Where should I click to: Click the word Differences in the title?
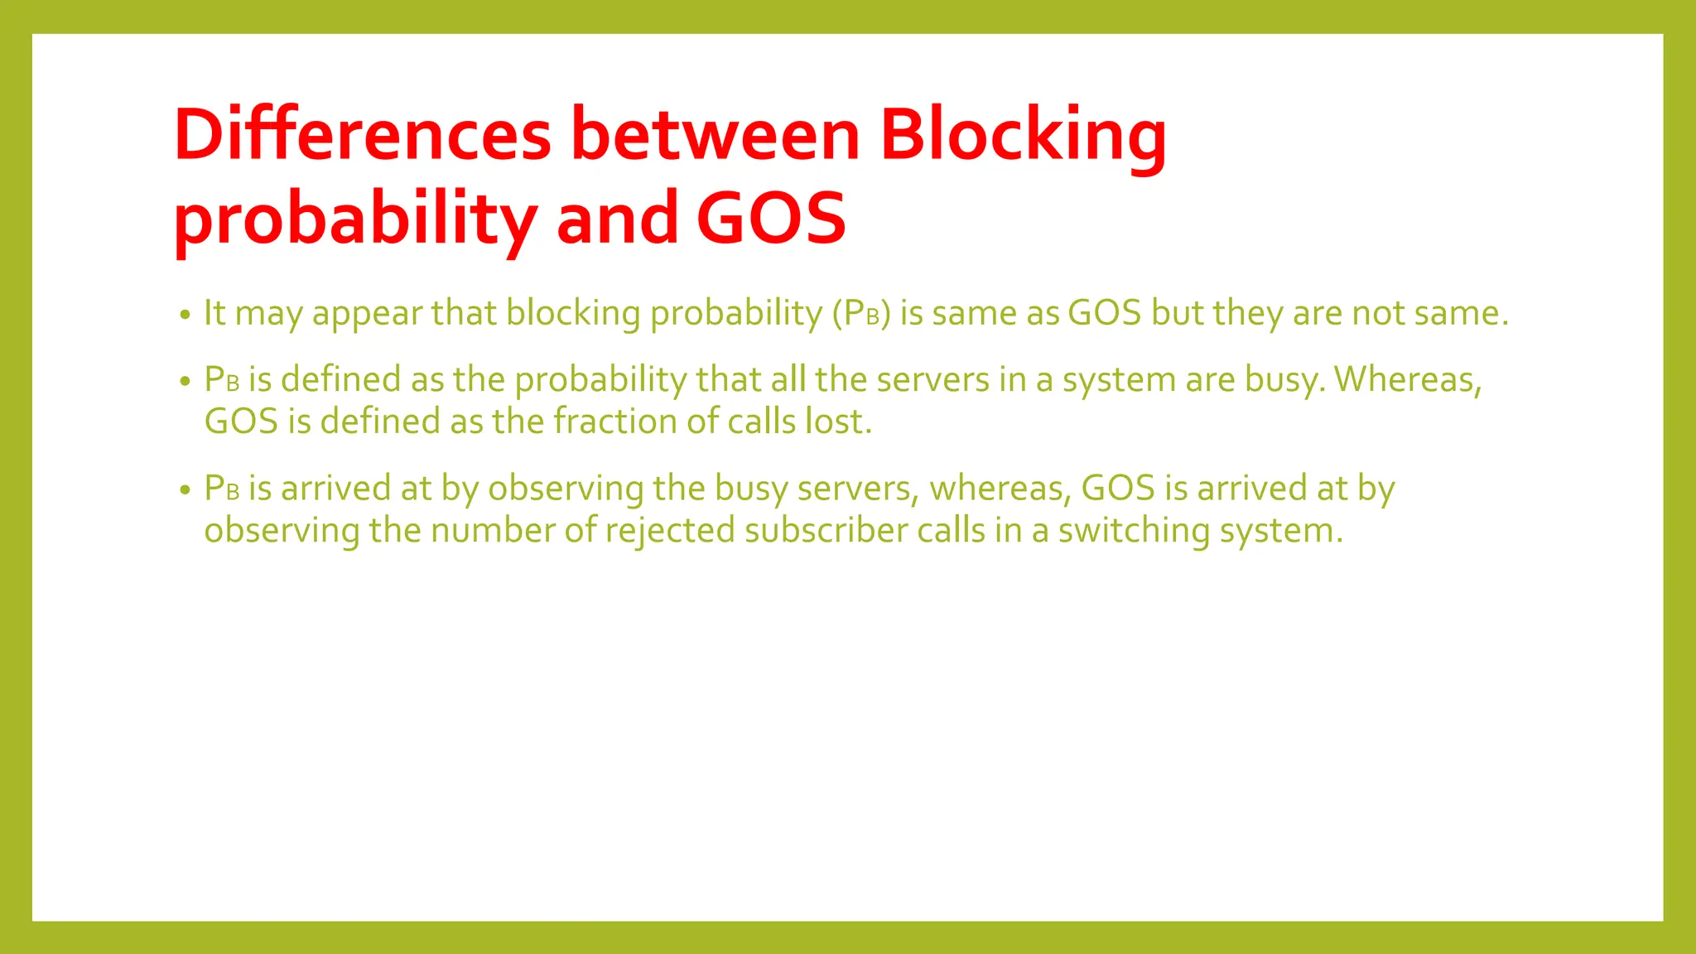(x=362, y=134)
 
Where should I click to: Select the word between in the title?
(x=715, y=134)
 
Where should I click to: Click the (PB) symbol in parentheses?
(x=861, y=313)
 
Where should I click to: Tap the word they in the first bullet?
(x=1248, y=313)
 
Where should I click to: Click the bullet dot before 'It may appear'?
(x=185, y=315)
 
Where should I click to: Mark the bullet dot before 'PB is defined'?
(x=185, y=382)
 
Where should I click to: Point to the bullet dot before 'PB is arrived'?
(x=185, y=490)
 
